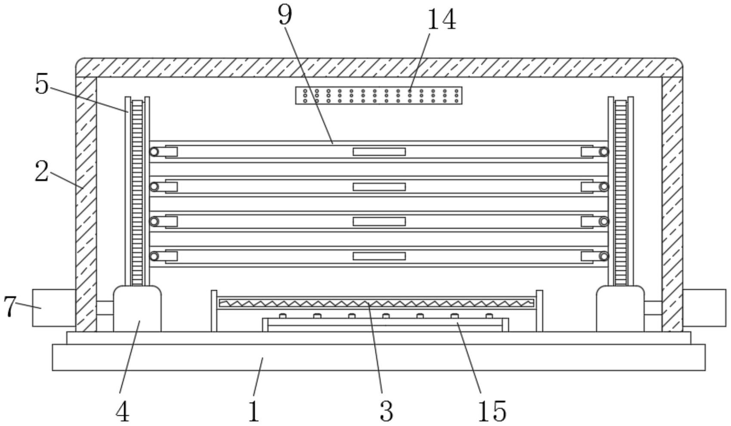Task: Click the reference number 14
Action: pyautogui.click(x=441, y=20)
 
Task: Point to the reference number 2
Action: pyautogui.click(x=41, y=171)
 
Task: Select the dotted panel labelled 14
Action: pyautogui.click(x=378, y=95)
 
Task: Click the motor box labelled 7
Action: pyautogui.click(x=54, y=307)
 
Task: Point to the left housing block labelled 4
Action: pyautogui.click(x=137, y=309)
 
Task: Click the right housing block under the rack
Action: pyautogui.click(x=620, y=309)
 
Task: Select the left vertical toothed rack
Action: pyautogui.click(x=137, y=192)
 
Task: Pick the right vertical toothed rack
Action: pyautogui.click(x=620, y=192)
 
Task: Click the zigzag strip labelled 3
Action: pyautogui.click(x=377, y=303)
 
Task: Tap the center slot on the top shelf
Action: pyautogui.click(x=379, y=152)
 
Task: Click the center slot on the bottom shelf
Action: pyautogui.click(x=379, y=256)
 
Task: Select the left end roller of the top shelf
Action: pyautogui.click(x=154, y=152)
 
